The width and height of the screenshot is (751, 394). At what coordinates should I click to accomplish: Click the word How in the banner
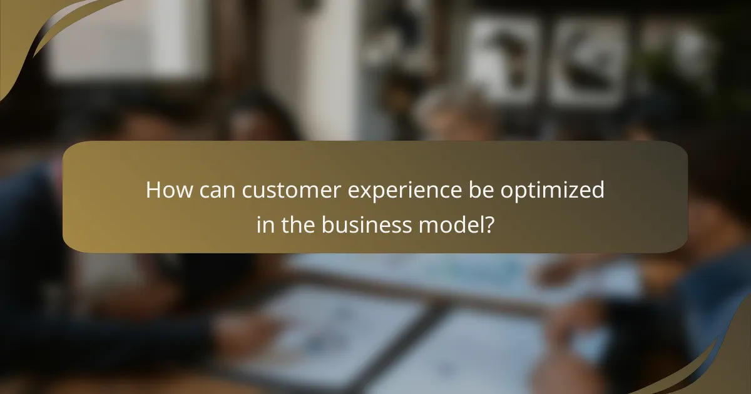[165, 190]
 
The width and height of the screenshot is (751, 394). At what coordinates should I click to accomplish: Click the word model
[450, 224]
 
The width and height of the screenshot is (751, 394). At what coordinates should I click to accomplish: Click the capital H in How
[153, 190]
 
